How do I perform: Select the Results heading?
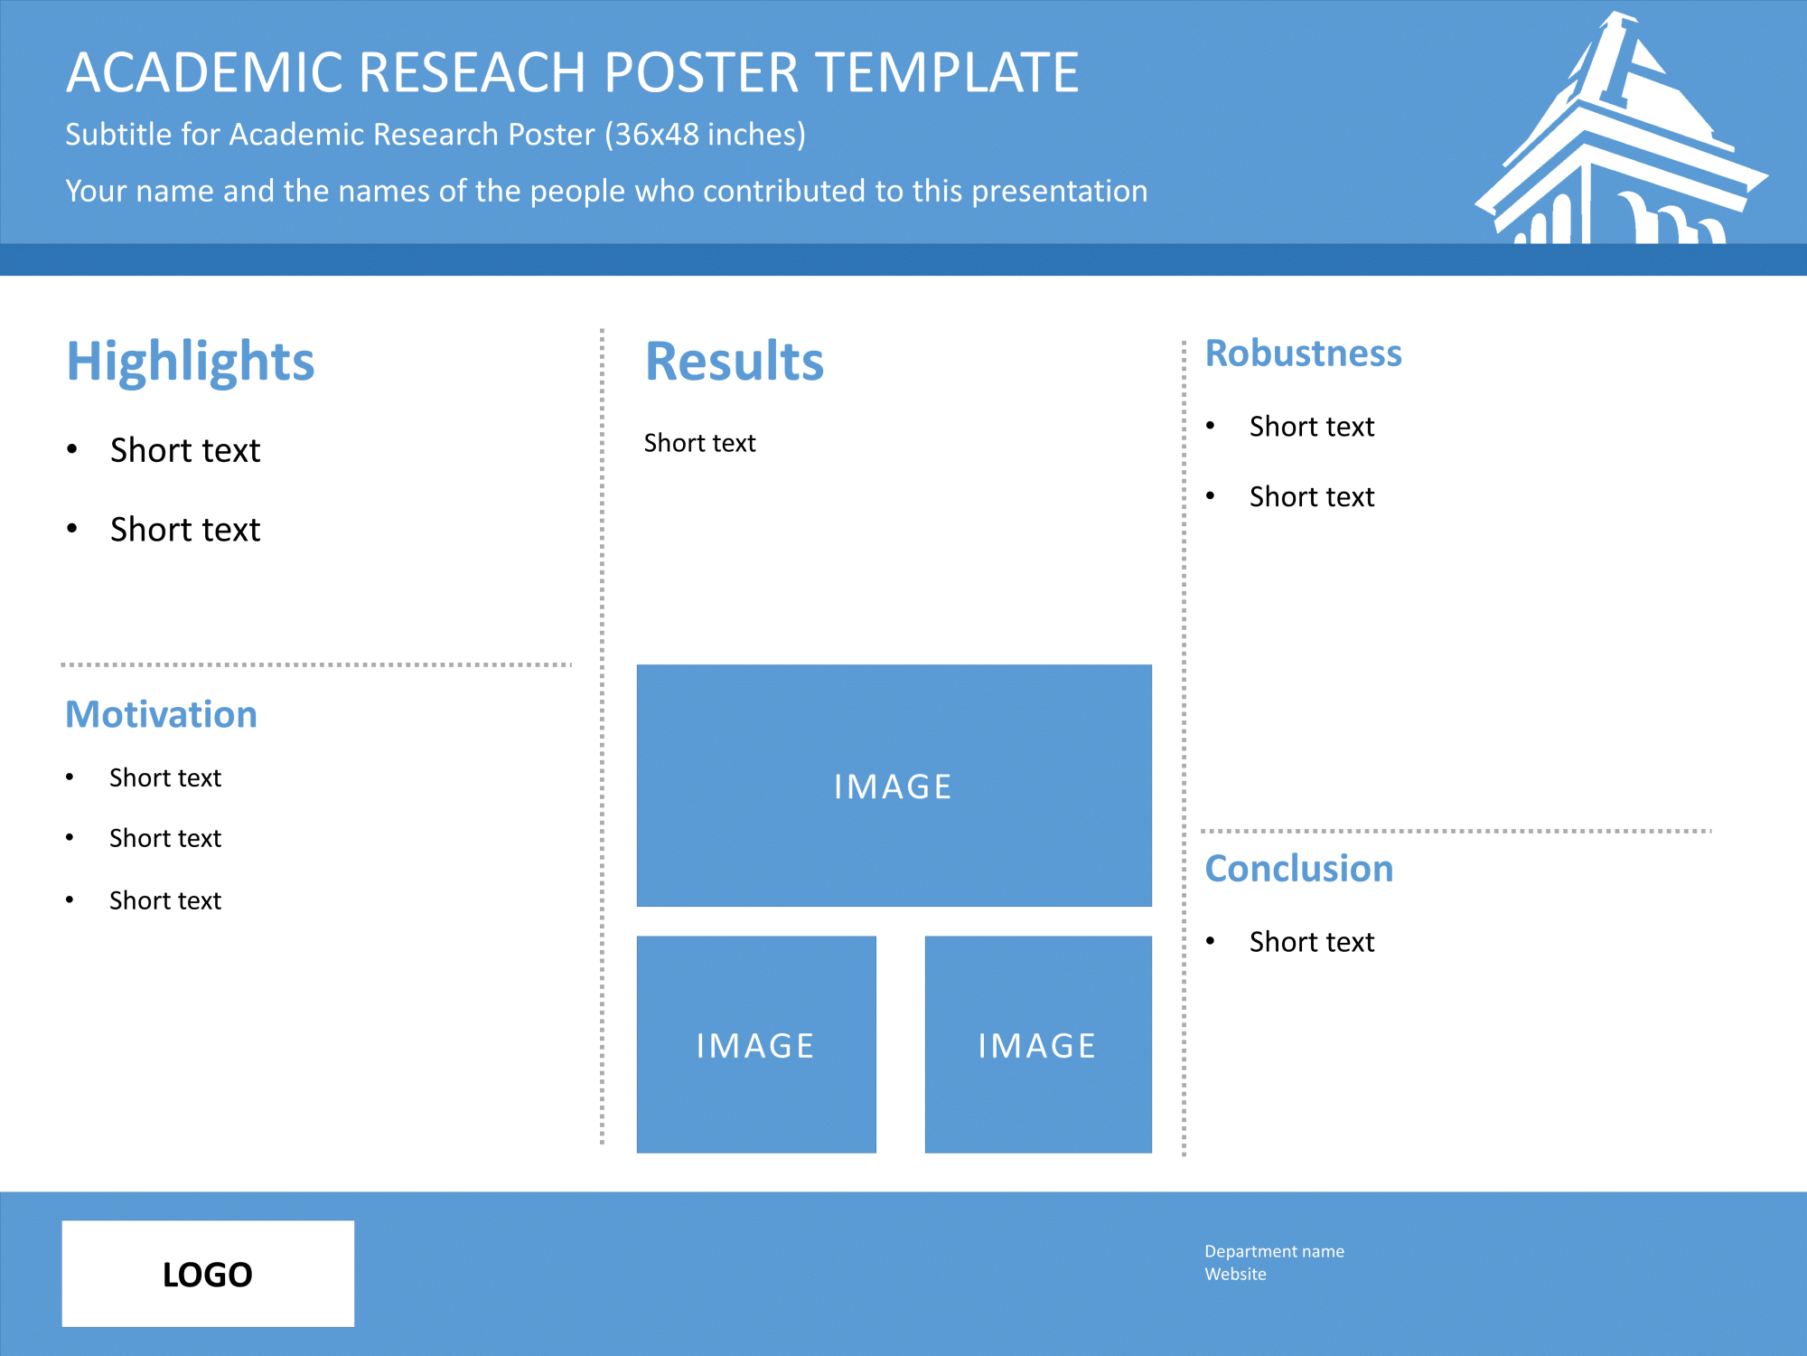click(735, 362)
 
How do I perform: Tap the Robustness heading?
click(1304, 353)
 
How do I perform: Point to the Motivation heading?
click(162, 714)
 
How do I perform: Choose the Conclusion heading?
click(1299, 869)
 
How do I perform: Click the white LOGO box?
click(208, 1274)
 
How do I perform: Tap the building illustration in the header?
click(1622, 128)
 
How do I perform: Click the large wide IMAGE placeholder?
click(894, 786)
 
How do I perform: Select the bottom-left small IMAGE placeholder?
click(756, 1044)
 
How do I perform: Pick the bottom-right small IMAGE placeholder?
click(1038, 1044)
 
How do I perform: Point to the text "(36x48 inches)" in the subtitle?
click(705, 135)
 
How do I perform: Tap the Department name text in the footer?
click(1274, 1251)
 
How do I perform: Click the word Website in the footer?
click(1235, 1274)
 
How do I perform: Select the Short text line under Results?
click(699, 443)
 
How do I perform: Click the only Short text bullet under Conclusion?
click(1312, 942)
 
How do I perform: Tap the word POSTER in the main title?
click(701, 72)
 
